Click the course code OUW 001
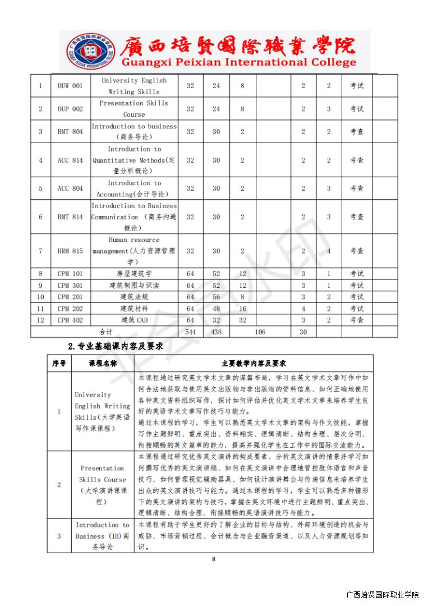[x=70, y=86]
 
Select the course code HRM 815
[x=70, y=251]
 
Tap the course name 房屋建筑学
[x=134, y=274]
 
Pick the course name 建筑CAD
[x=134, y=320]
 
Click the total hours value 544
[x=190, y=332]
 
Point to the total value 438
[x=216, y=332]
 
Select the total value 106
[x=260, y=332]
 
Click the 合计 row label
[x=106, y=332]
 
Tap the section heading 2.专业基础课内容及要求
[x=115, y=346]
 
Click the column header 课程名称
[x=103, y=364]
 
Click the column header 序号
[x=59, y=364]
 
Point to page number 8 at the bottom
[x=214, y=558]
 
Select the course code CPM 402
[x=70, y=320]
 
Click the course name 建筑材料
[x=134, y=309]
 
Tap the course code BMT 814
[x=70, y=217]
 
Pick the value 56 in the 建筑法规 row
[x=216, y=297]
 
